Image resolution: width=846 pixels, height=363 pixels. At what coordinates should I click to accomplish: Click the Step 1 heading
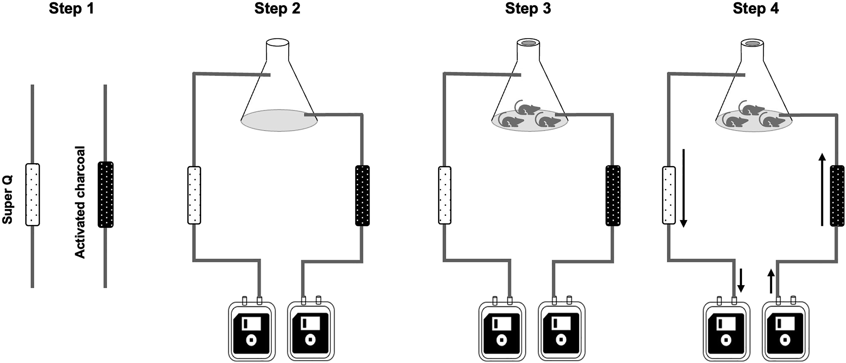point(72,9)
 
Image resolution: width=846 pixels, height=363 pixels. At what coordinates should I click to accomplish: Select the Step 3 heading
point(528,9)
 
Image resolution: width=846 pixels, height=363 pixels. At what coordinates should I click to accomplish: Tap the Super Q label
point(7,200)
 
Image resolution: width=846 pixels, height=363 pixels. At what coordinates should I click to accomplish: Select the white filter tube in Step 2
point(194,195)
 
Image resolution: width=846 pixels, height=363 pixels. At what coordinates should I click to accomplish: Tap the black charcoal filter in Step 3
point(613,195)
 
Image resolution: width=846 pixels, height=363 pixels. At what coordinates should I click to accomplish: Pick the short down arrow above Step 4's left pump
point(741,280)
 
